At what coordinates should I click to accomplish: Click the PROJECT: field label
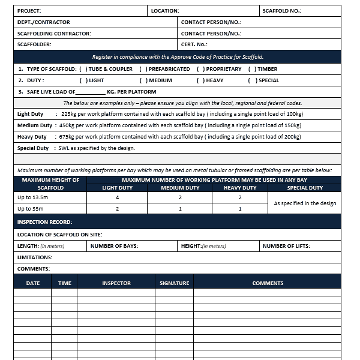[29, 11]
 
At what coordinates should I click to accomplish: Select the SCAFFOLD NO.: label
[281, 11]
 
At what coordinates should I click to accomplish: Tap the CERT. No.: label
[194, 44]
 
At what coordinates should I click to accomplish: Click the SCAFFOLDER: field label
[34, 44]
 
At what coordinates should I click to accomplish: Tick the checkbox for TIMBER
[252, 69]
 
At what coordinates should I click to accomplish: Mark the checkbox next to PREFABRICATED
[143, 69]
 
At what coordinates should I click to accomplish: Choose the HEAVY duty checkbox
[200, 80]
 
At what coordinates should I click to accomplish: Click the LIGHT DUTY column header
[117, 188]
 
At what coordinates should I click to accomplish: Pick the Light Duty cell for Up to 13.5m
[117, 197]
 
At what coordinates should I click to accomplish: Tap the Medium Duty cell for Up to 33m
[180, 209]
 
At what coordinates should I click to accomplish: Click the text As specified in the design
[305, 203]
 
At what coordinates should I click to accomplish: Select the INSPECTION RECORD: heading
[44, 222]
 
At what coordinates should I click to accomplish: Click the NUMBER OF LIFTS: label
[287, 246]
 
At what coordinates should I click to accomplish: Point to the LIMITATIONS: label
[35, 257]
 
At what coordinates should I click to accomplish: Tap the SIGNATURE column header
[174, 283]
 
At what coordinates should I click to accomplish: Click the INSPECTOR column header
[116, 283]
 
